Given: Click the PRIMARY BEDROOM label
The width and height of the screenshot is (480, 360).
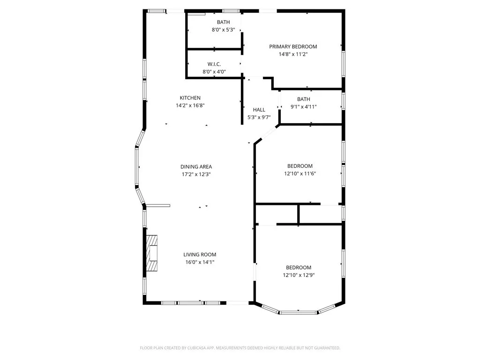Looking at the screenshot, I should [x=292, y=46].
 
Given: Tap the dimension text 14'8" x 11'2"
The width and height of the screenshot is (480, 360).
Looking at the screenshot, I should [x=292, y=54].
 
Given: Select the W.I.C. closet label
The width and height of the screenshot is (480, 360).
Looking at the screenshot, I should [x=214, y=64].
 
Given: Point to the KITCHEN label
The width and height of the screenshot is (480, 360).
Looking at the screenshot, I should [x=190, y=98].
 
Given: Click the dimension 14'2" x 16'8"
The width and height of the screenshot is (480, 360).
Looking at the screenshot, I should [x=190, y=105].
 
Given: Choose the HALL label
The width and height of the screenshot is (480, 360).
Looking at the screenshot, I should [x=259, y=110].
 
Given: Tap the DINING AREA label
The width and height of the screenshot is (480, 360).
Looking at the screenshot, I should [x=196, y=166].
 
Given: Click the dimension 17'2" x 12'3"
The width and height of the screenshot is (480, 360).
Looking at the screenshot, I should [x=196, y=174].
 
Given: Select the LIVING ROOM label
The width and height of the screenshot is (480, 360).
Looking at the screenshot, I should [x=200, y=255].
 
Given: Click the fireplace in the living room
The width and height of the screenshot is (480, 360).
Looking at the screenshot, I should [x=152, y=253].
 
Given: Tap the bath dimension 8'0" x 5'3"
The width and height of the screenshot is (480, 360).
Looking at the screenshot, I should [x=223, y=30].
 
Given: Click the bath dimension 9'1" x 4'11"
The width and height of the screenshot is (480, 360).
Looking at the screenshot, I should [x=303, y=107].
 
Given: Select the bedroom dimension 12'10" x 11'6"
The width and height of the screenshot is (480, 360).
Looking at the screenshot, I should [x=300, y=174].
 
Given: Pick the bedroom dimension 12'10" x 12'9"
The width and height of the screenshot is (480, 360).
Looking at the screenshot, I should [x=299, y=276].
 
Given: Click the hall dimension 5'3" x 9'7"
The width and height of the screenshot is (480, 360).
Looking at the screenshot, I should [x=259, y=117].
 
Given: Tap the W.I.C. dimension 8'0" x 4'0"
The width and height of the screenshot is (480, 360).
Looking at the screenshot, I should [x=214, y=72].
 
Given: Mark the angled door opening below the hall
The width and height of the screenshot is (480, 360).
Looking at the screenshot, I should [x=267, y=134].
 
